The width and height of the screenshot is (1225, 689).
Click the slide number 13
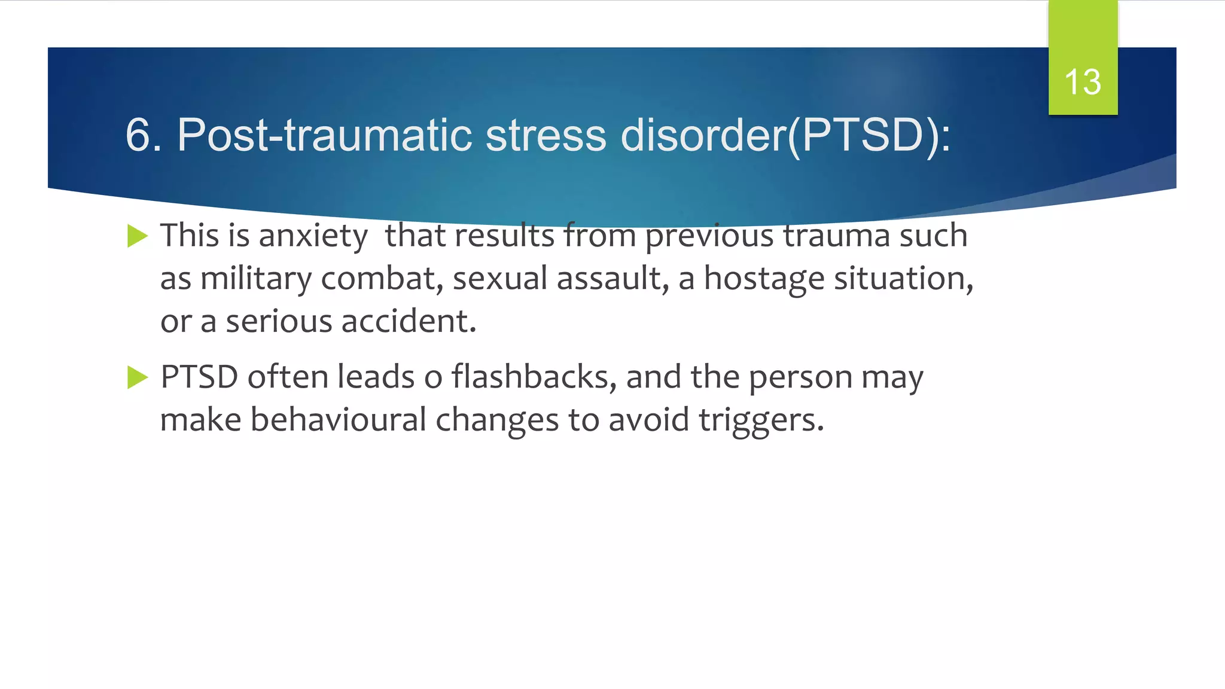pyautogui.click(x=1083, y=82)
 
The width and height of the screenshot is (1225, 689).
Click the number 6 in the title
pyautogui.click(x=137, y=135)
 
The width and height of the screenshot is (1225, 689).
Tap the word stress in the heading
pyautogui.click(x=546, y=135)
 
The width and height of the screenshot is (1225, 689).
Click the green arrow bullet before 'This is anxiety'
pyautogui.click(x=137, y=236)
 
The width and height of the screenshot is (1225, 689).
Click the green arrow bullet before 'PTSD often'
pyautogui.click(x=137, y=377)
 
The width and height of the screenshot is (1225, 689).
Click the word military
pyautogui.click(x=255, y=279)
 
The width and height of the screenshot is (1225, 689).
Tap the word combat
pyautogui.click(x=382, y=279)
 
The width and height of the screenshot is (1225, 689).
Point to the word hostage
pyautogui.click(x=764, y=279)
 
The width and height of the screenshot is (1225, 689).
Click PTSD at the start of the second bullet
pyautogui.click(x=199, y=377)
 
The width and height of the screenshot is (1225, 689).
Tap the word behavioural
pyautogui.click(x=338, y=420)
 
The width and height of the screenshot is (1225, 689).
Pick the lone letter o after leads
pyautogui.click(x=433, y=379)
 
